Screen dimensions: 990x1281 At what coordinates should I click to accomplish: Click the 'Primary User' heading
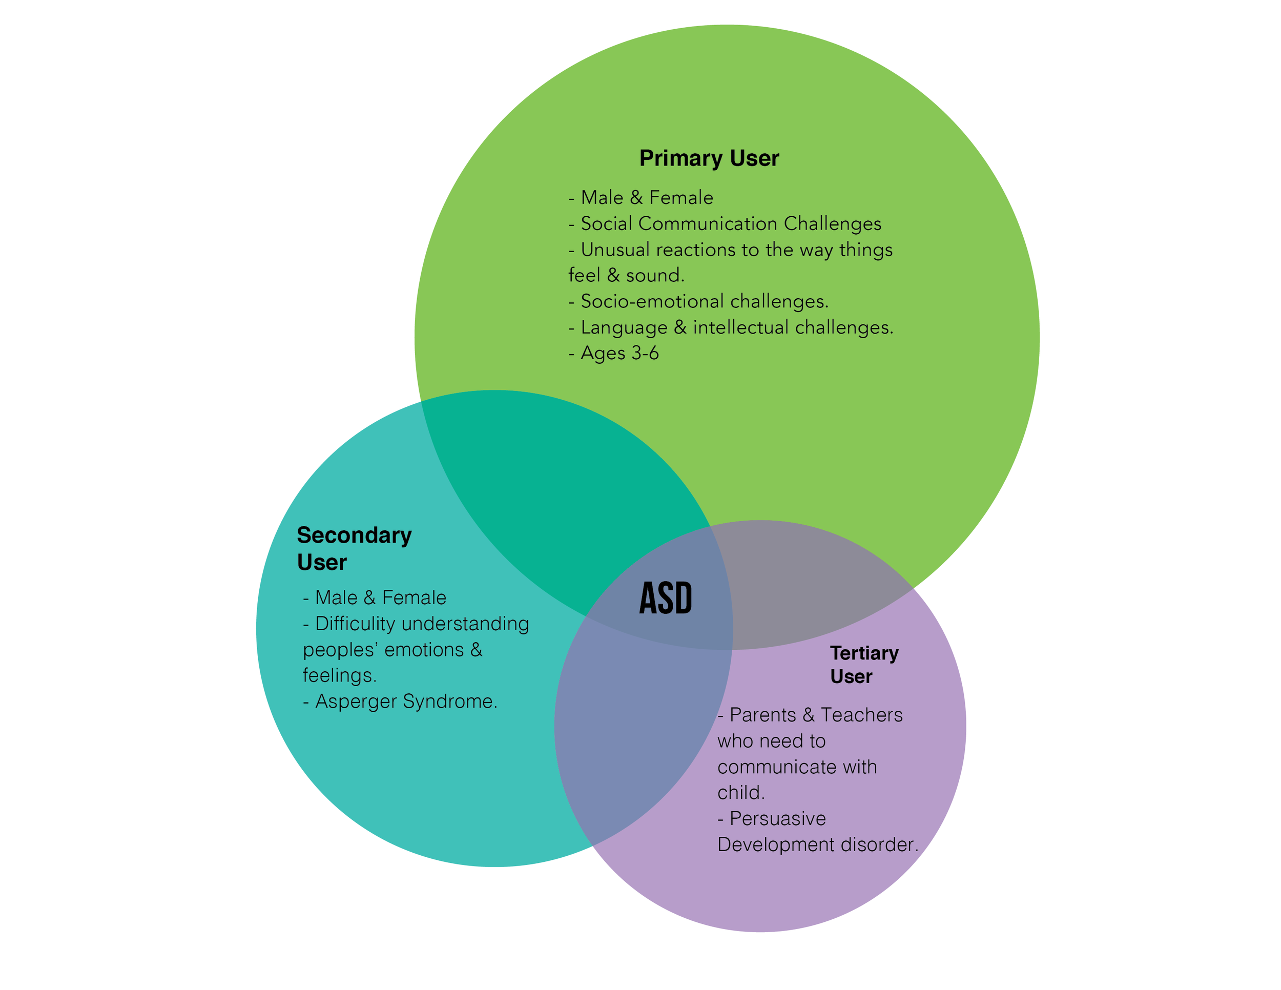709,158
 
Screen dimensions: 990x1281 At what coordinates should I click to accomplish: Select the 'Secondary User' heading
354,548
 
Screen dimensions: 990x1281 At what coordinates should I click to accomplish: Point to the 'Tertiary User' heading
864,665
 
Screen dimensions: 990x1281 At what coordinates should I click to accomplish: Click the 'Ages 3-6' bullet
613,353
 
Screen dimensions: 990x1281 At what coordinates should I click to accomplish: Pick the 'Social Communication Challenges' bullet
725,223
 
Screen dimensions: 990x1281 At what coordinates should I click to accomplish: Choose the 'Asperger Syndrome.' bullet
400,702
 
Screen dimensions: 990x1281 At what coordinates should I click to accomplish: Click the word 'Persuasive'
777,818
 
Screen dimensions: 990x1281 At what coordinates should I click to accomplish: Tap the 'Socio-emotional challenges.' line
698,301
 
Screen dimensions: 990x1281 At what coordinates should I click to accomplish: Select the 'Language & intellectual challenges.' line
731,327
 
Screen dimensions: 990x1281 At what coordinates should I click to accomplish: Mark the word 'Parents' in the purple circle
762,715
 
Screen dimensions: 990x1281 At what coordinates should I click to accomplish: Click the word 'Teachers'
862,715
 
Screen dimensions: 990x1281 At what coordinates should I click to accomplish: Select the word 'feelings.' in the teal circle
340,676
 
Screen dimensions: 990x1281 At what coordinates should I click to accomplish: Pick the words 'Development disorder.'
818,844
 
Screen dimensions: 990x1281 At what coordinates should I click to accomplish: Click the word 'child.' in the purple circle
741,793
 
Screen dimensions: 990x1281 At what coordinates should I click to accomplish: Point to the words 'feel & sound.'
627,276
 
